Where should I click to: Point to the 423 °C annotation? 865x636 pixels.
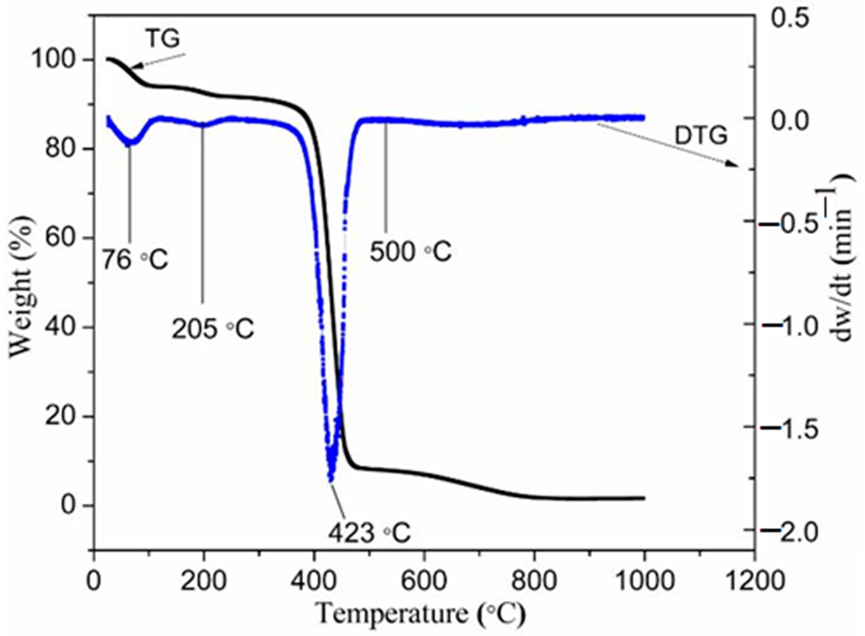click(x=369, y=533)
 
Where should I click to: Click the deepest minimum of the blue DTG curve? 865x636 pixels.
click(x=330, y=479)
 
